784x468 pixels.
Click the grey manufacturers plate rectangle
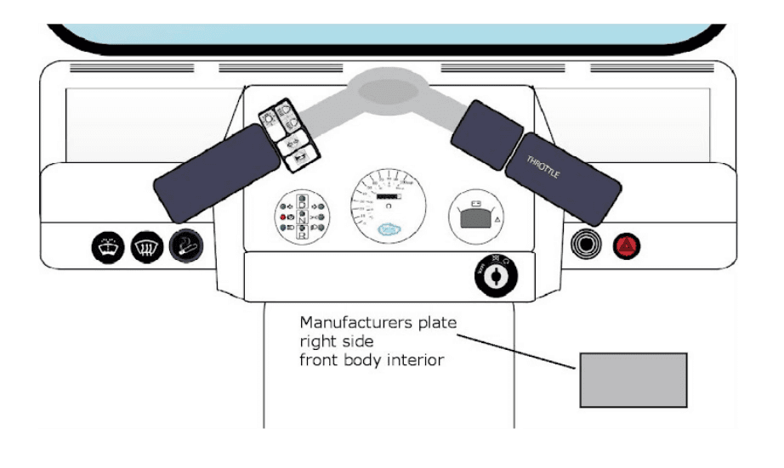point(633,380)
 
